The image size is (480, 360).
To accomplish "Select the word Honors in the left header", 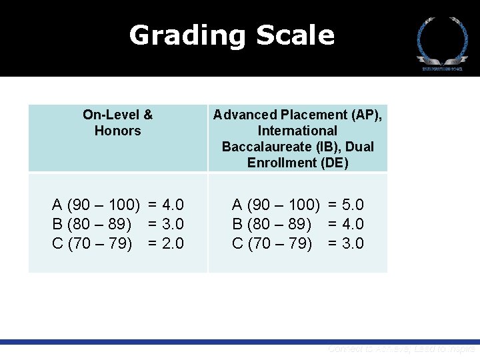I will coord(118,131).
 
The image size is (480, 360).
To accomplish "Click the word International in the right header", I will coord(298,131).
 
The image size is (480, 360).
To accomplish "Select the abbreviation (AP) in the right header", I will coord(365,115).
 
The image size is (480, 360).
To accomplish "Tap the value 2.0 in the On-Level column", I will coord(172,243).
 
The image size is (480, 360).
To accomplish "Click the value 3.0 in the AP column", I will coord(352,243).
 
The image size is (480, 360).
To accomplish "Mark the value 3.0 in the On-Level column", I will coord(172,224).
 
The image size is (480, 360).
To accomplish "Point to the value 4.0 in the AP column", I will coord(352,224).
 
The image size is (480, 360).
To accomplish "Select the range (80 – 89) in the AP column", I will coord(280,224).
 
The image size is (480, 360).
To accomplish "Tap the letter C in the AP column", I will coord(237,243).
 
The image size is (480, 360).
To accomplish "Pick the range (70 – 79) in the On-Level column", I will coord(100,243).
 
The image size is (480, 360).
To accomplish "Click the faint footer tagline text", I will coord(401,349).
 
